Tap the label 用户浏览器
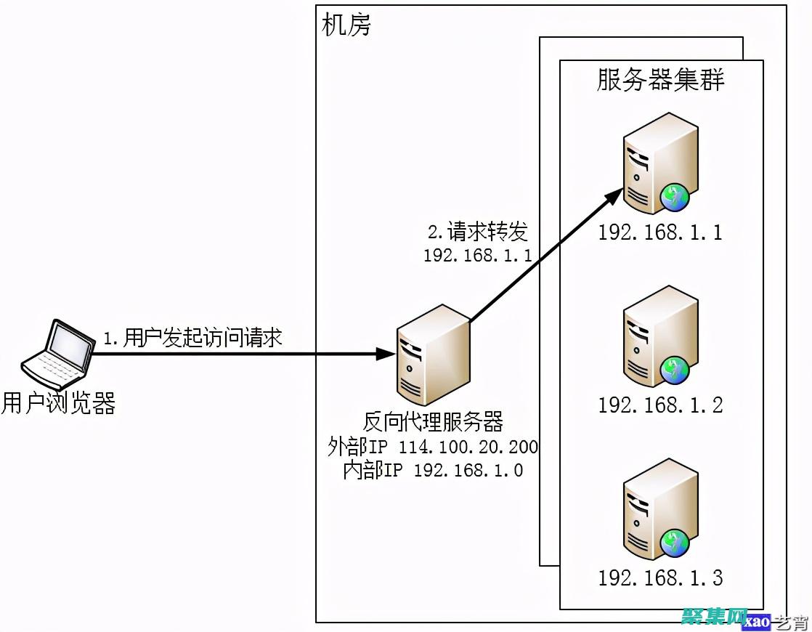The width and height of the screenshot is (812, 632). (58, 403)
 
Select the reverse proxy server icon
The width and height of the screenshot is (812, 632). (432, 354)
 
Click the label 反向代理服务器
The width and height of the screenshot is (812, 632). (434, 422)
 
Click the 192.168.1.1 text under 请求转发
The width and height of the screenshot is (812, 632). (478, 255)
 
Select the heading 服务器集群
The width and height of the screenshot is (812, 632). (660, 80)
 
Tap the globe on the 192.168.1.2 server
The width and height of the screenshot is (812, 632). (675, 370)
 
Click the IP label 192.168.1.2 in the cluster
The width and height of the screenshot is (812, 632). (660, 405)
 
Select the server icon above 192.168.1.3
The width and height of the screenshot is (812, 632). (659, 509)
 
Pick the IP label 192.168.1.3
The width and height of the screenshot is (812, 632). (660, 578)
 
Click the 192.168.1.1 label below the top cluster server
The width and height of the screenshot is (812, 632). (660, 232)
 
